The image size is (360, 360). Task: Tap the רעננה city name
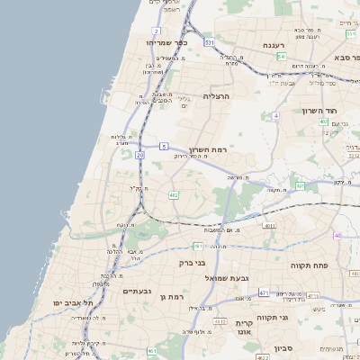(x=274, y=45)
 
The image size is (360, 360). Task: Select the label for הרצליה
(x=217, y=95)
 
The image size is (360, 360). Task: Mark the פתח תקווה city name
(x=311, y=266)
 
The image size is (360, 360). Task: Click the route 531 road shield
(x=209, y=42)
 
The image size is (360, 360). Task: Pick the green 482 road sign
(x=174, y=193)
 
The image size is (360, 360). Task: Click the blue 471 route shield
(x=263, y=293)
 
